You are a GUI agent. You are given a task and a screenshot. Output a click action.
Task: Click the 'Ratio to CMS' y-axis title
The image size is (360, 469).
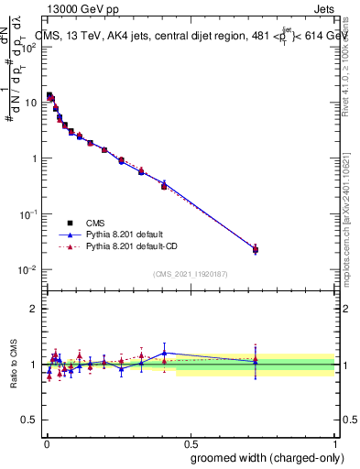[x=13, y=365]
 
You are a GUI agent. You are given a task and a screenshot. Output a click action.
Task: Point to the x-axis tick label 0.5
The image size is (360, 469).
[x=191, y=442]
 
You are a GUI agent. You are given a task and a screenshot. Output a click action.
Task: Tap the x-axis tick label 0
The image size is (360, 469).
[x=46, y=442]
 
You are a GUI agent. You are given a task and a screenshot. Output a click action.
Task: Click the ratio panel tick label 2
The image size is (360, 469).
[x=34, y=309]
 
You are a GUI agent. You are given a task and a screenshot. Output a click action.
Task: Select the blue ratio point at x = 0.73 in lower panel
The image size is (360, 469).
[x=256, y=361]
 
